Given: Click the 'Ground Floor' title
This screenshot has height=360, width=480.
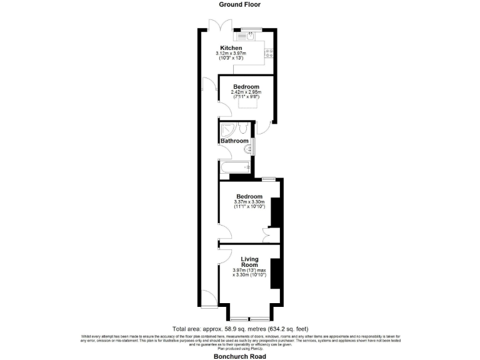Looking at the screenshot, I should coord(239,4).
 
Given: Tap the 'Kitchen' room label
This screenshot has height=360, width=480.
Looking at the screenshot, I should coord(231,48).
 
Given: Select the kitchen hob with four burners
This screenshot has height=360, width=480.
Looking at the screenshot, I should coord(270,53).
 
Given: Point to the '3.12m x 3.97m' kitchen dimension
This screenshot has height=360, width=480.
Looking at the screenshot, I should coord(231,54).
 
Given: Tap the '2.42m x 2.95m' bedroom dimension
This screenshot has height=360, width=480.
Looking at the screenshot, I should coord(246,92).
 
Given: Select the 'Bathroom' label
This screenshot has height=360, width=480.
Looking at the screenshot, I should coord(234,141).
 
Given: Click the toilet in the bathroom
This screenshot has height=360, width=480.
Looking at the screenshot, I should coord(244,129).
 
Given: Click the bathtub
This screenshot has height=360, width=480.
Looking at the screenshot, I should coord(235,167).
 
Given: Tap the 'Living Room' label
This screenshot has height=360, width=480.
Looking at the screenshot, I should coord(249,261).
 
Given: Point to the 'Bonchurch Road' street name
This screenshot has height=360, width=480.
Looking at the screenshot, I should coord(240,356).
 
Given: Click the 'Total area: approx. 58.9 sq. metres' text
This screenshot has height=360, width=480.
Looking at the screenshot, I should coord(239,329).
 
